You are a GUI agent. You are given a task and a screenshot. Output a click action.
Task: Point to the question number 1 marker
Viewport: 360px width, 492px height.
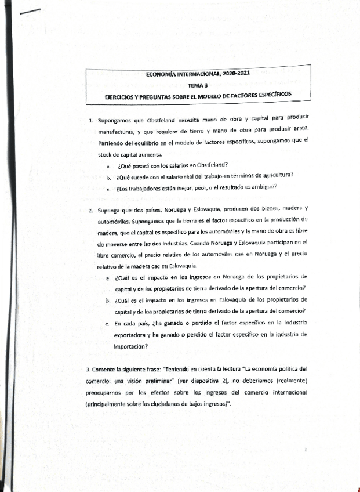[x=91, y=120]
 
